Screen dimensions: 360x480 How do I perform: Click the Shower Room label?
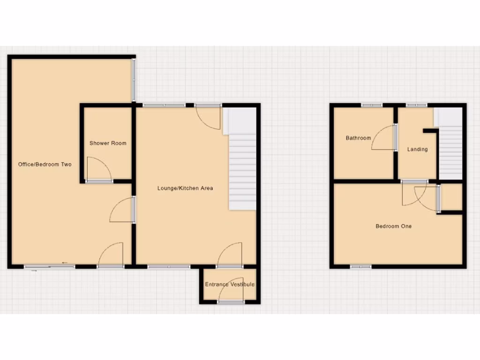click(108, 143)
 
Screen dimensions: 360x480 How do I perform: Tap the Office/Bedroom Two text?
click(45, 165)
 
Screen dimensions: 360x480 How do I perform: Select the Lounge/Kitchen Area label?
click(185, 188)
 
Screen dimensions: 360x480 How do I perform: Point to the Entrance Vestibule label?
click(230, 285)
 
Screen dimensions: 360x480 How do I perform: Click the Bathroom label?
click(358, 138)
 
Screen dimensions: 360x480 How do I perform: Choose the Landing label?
click(417, 150)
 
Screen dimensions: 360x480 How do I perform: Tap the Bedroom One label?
click(394, 226)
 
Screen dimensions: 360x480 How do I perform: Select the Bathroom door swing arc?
click(383, 138)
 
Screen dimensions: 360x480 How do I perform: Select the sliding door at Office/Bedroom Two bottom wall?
click(49, 267)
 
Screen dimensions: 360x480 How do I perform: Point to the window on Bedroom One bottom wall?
click(360, 267)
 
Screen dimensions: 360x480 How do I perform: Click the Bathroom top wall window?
click(372, 105)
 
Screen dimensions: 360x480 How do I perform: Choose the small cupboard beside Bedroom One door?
click(452, 197)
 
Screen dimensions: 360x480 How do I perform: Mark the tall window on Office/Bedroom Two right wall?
click(134, 80)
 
